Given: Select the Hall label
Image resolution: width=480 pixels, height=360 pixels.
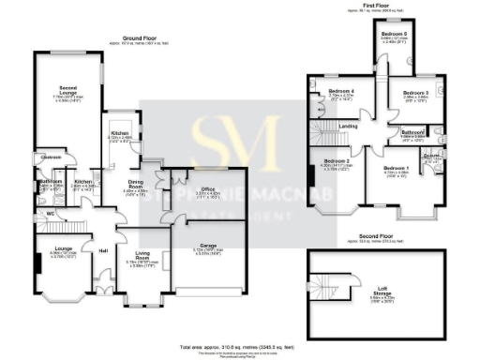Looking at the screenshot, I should coord(103,249).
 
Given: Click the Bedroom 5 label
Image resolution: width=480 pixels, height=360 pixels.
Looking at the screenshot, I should coord(392,33).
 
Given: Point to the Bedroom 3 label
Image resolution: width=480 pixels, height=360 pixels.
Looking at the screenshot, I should coord(415,93).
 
